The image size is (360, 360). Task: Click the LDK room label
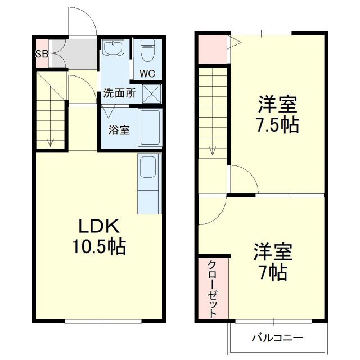[99, 226]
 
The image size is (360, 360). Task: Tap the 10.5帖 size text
[99, 246]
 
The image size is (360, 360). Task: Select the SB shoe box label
[41, 54]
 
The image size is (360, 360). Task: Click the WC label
[147, 73]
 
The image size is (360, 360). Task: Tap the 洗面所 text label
[119, 94]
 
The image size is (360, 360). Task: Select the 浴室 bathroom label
[119, 130]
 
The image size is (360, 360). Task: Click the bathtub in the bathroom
[150, 128]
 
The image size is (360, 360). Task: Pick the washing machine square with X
[151, 93]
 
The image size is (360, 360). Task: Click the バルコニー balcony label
[277, 338]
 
